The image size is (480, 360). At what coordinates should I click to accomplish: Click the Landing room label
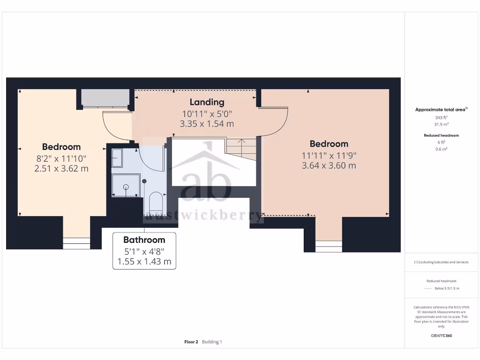click(207, 102)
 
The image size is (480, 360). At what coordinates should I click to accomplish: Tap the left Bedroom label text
click(61, 147)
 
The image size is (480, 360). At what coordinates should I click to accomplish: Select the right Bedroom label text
click(329, 144)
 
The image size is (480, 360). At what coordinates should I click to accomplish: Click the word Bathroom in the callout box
click(144, 240)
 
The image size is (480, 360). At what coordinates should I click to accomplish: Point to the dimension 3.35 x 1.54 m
click(207, 124)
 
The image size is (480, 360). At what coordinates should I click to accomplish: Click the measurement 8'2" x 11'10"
click(61, 158)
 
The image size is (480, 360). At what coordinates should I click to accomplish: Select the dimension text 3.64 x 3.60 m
click(329, 165)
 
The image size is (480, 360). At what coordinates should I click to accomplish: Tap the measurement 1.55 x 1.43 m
click(144, 262)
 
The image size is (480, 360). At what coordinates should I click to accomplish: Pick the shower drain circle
click(126, 187)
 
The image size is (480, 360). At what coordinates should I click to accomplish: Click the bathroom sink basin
click(117, 158)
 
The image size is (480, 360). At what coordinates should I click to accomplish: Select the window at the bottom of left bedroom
click(76, 243)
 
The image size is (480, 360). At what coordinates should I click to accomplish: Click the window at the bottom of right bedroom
click(329, 245)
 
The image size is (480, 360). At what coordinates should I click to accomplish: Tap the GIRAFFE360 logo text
click(441, 336)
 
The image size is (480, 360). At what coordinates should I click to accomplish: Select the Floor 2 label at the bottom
click(191, 342)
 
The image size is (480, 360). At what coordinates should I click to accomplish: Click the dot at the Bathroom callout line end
click(145, 181)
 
